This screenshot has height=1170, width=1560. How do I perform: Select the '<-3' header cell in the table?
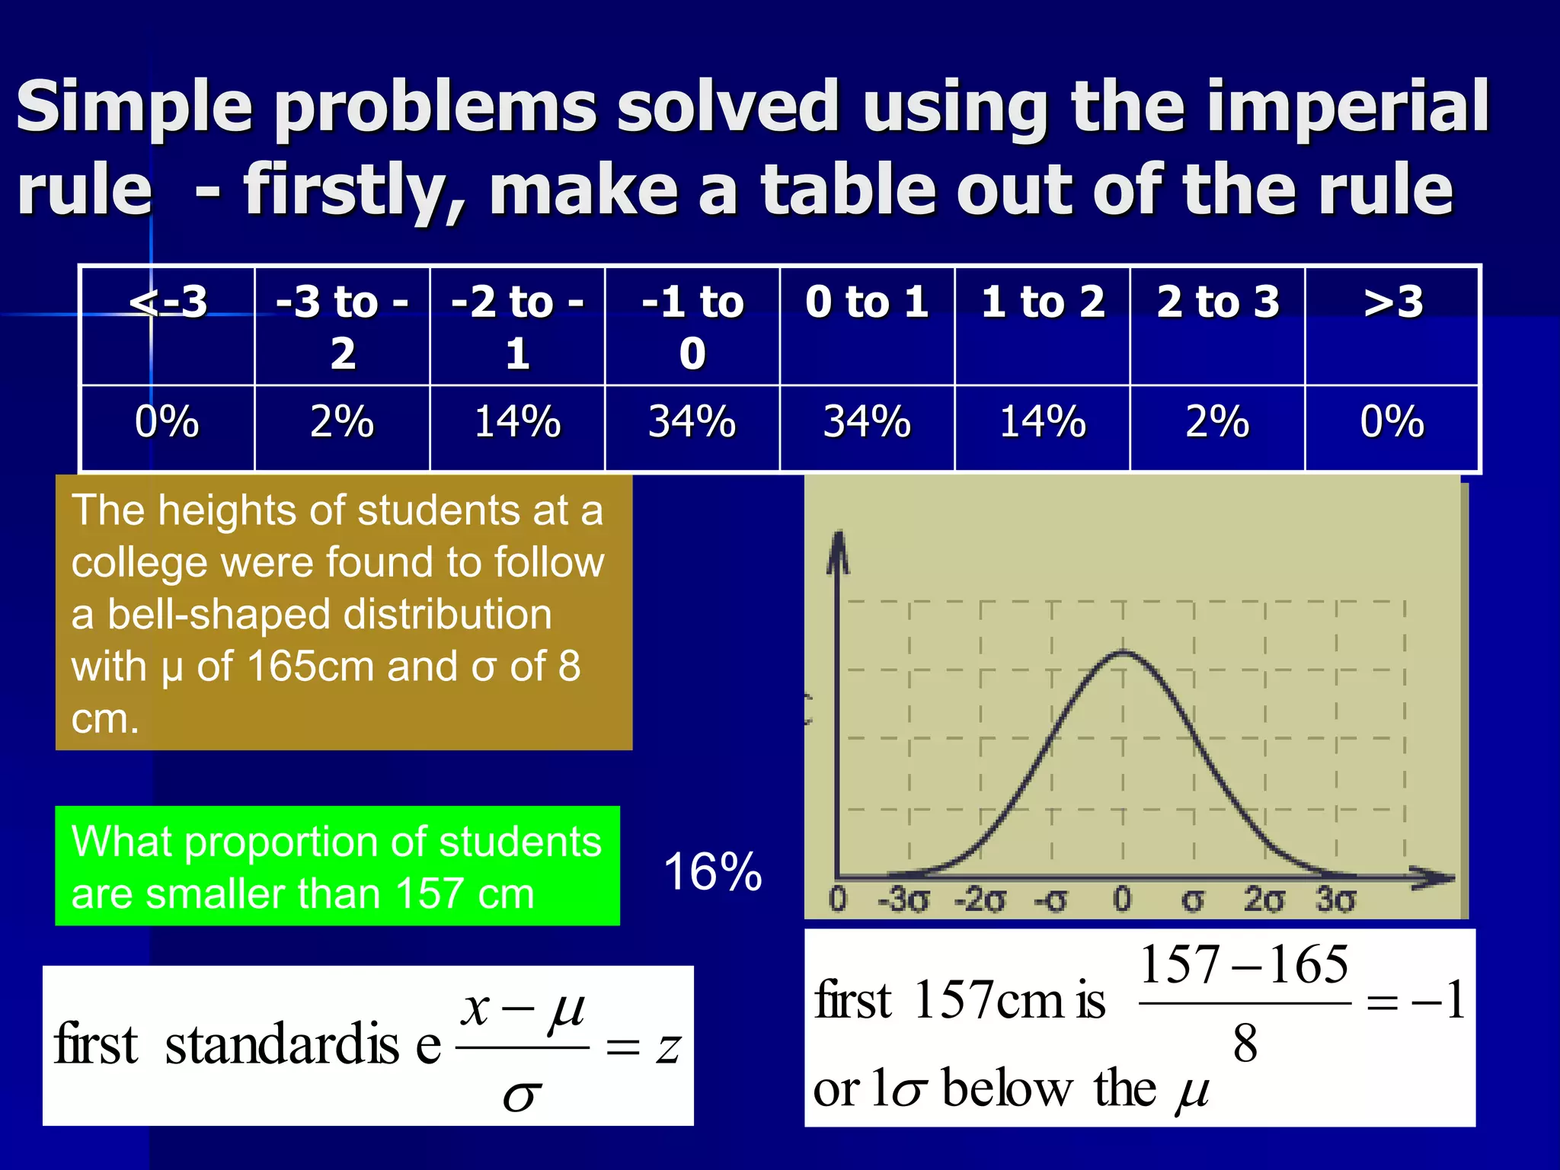(168, 302)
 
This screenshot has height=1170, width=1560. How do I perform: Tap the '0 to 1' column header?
(867, 302)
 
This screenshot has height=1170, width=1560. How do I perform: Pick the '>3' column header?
(1392, 302)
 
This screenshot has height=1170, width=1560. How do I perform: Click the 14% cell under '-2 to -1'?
(517, 422)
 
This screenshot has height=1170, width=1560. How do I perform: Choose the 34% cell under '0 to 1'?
(867, 422)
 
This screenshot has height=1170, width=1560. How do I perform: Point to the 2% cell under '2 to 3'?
(1217, 422)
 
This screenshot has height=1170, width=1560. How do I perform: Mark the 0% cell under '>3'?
(1392, 422)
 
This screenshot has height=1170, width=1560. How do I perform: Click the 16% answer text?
(712, 871)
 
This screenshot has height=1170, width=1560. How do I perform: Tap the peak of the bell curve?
(1124, 652)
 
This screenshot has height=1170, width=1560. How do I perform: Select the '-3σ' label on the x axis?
(903, 900)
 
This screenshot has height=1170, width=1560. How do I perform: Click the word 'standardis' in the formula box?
(282, 1045)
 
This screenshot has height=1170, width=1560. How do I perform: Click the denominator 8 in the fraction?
(1245, 1044)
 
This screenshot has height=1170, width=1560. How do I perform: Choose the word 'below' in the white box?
(1007, 1089)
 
